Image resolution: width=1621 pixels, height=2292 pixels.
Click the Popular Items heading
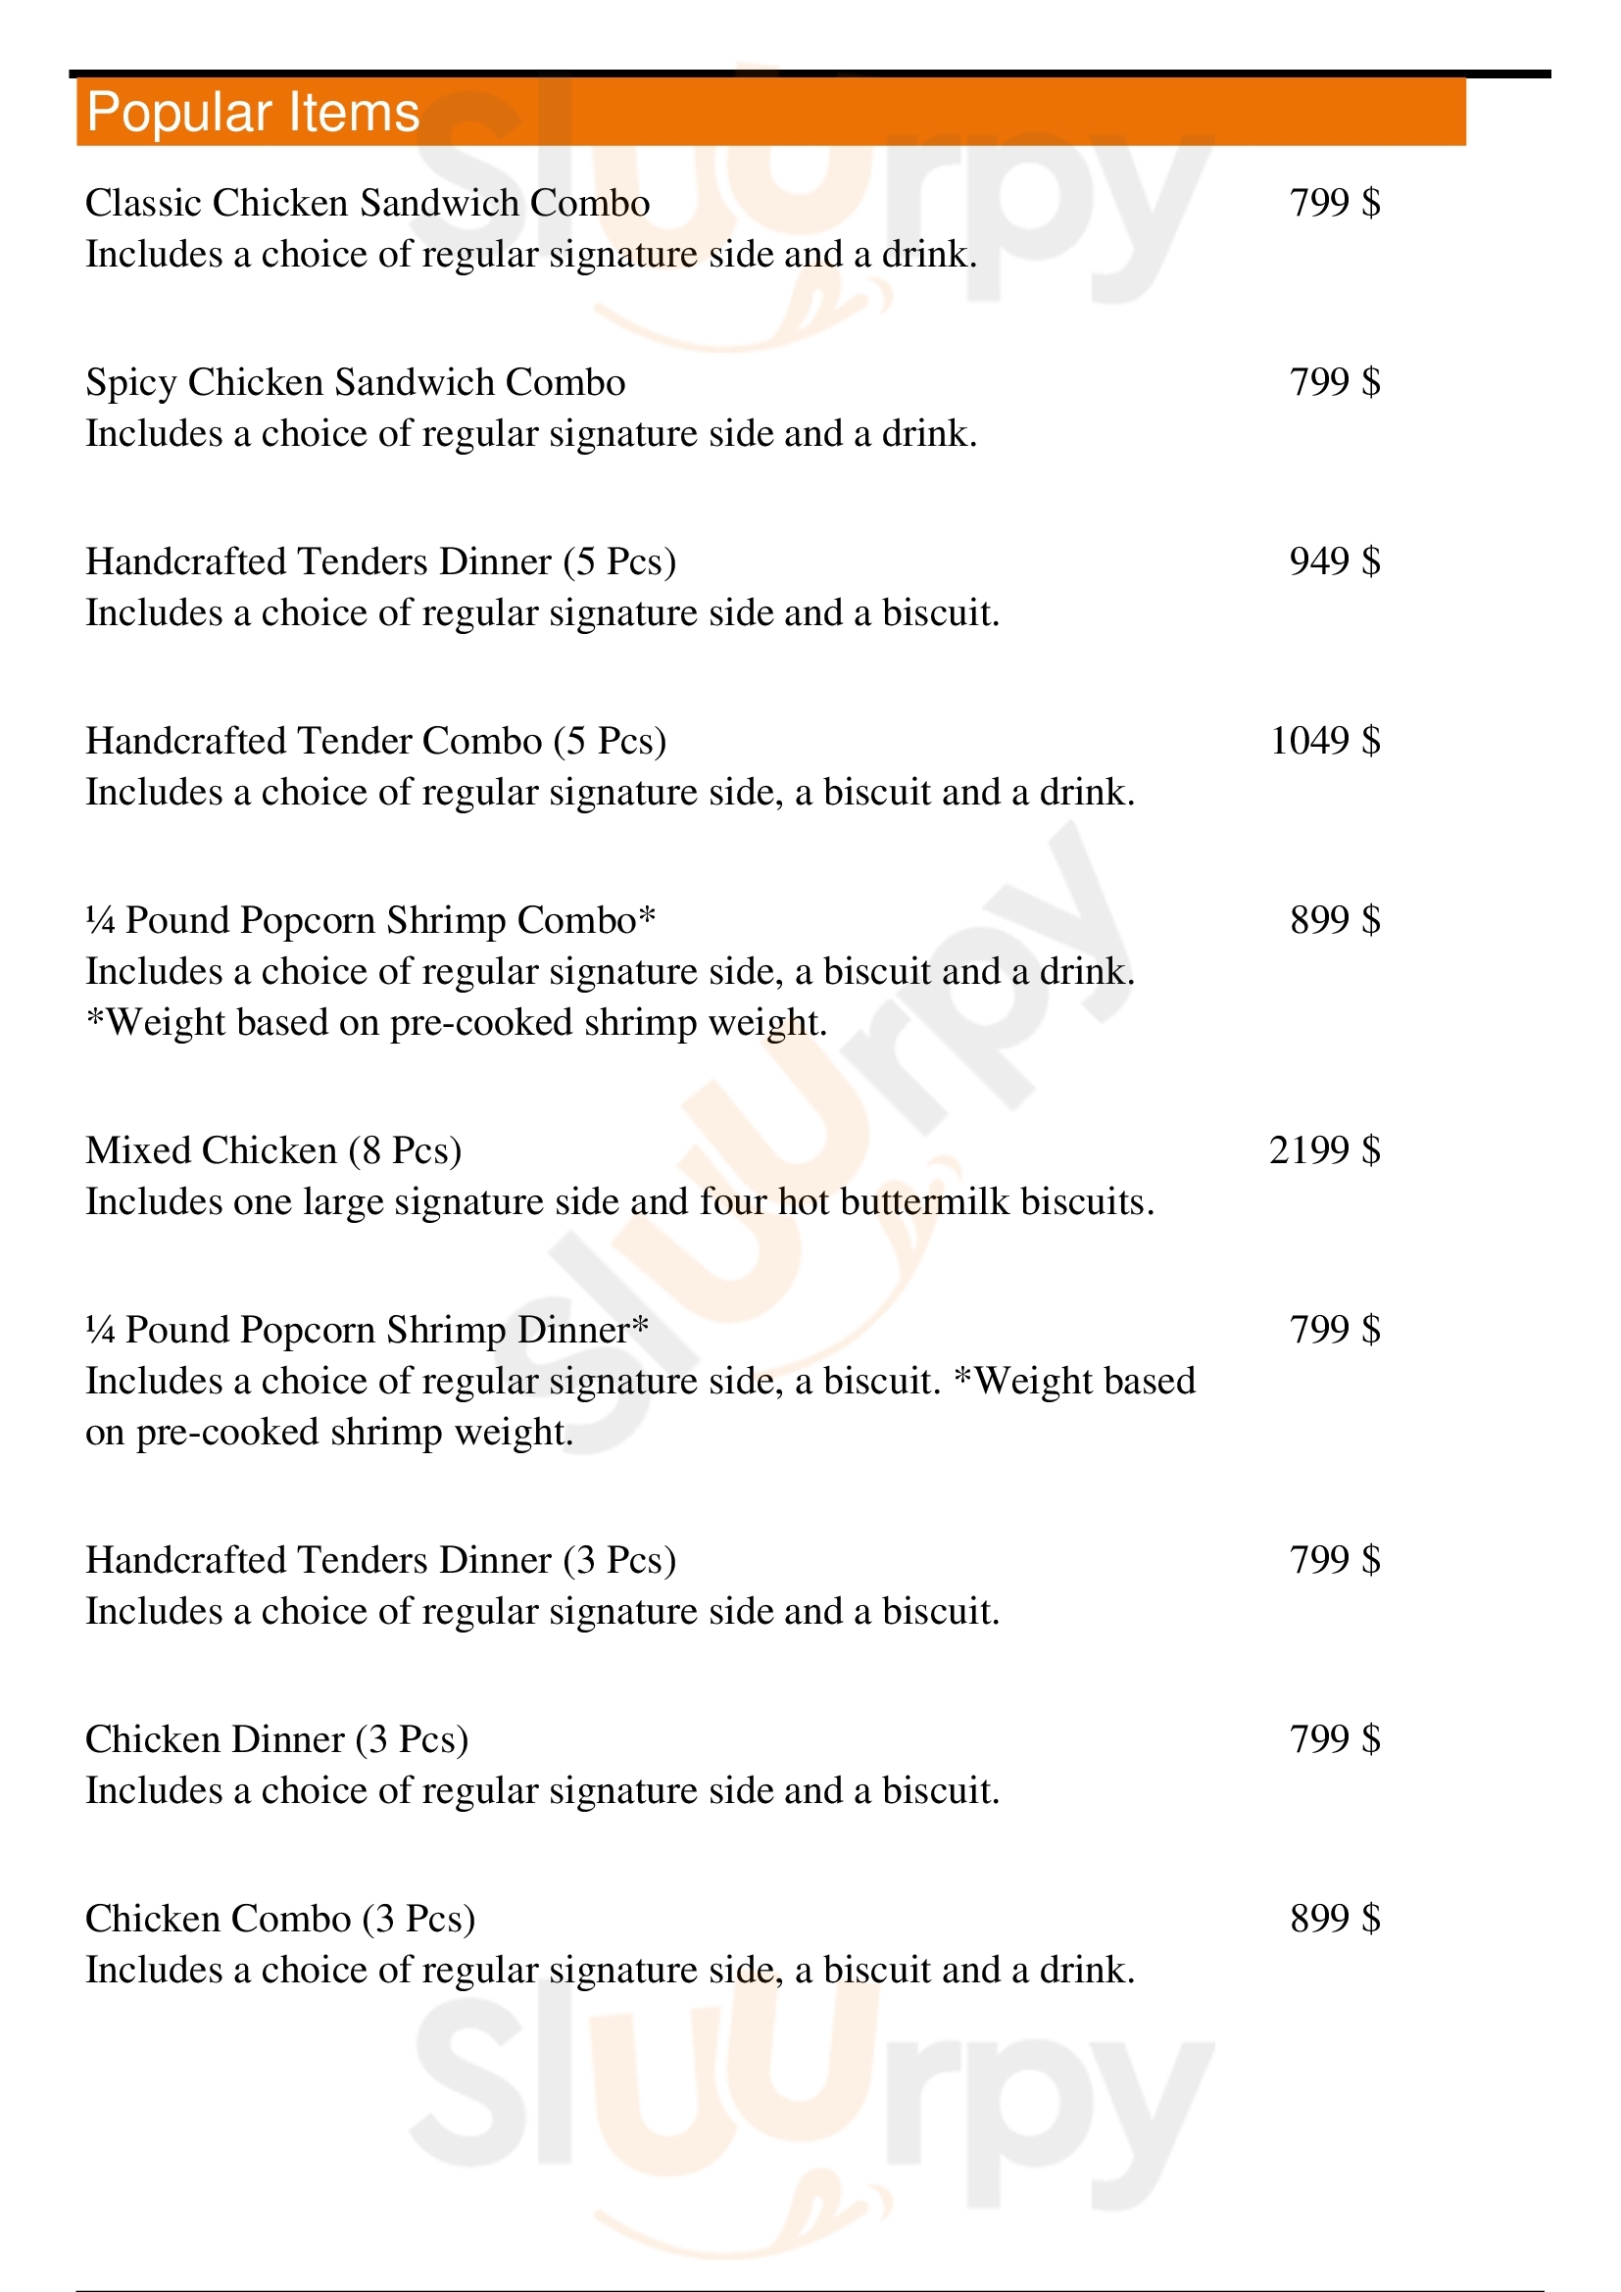pyautogui.click(x=253, y=112)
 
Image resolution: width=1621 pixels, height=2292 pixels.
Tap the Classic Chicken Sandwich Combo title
pyautogui.click(x=368, y=204)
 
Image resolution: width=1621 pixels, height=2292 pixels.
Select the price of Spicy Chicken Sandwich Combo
pyautogui.click(x=1335, y=382)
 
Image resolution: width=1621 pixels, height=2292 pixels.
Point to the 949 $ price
pyautogui.click(x=1335, y=561)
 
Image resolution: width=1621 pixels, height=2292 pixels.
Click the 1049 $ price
pyautogui.click(x=1325, y=741)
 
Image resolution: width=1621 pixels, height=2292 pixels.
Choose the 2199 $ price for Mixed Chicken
pyautogui.click(x=1325, y=1150)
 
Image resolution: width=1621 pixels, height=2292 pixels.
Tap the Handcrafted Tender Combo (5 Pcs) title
pyautogui.click(x=375, y=741)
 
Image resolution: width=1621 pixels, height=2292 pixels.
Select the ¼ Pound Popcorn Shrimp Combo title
pyautogui.click(x=370, y=920)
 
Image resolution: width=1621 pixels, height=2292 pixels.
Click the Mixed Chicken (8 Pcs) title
pyautogui.click(x=273, y=1151)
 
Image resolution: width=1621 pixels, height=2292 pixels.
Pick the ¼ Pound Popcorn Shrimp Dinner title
pyautogui.click(x=367, y=1330)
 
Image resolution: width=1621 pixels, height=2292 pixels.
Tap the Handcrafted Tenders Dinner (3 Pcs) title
pyautogui.click(x=380, y=1560)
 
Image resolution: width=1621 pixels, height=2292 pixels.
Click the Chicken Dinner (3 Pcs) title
pyautogui.click(x=276, y=1739)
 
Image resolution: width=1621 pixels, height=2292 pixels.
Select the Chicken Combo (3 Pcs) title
pyautogui.click(x=279, y=1919)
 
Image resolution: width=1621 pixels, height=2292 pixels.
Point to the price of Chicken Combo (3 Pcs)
pyautogui.click(x=1335, y=1919)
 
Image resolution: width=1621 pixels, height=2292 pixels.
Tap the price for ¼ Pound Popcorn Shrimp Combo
pyautogui.click(x=1335, y=920)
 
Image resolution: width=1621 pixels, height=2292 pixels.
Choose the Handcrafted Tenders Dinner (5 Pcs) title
pyautogui.click(x=380, y=562)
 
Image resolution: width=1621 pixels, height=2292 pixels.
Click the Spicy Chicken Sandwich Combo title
pyautogui.click(x=356, y=383)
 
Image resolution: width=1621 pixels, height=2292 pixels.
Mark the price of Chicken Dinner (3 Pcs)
pyautogui.click(x=1335, y=1739)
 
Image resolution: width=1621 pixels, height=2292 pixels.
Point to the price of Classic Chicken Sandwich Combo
pyautogui.click(x=1335, y=204)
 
